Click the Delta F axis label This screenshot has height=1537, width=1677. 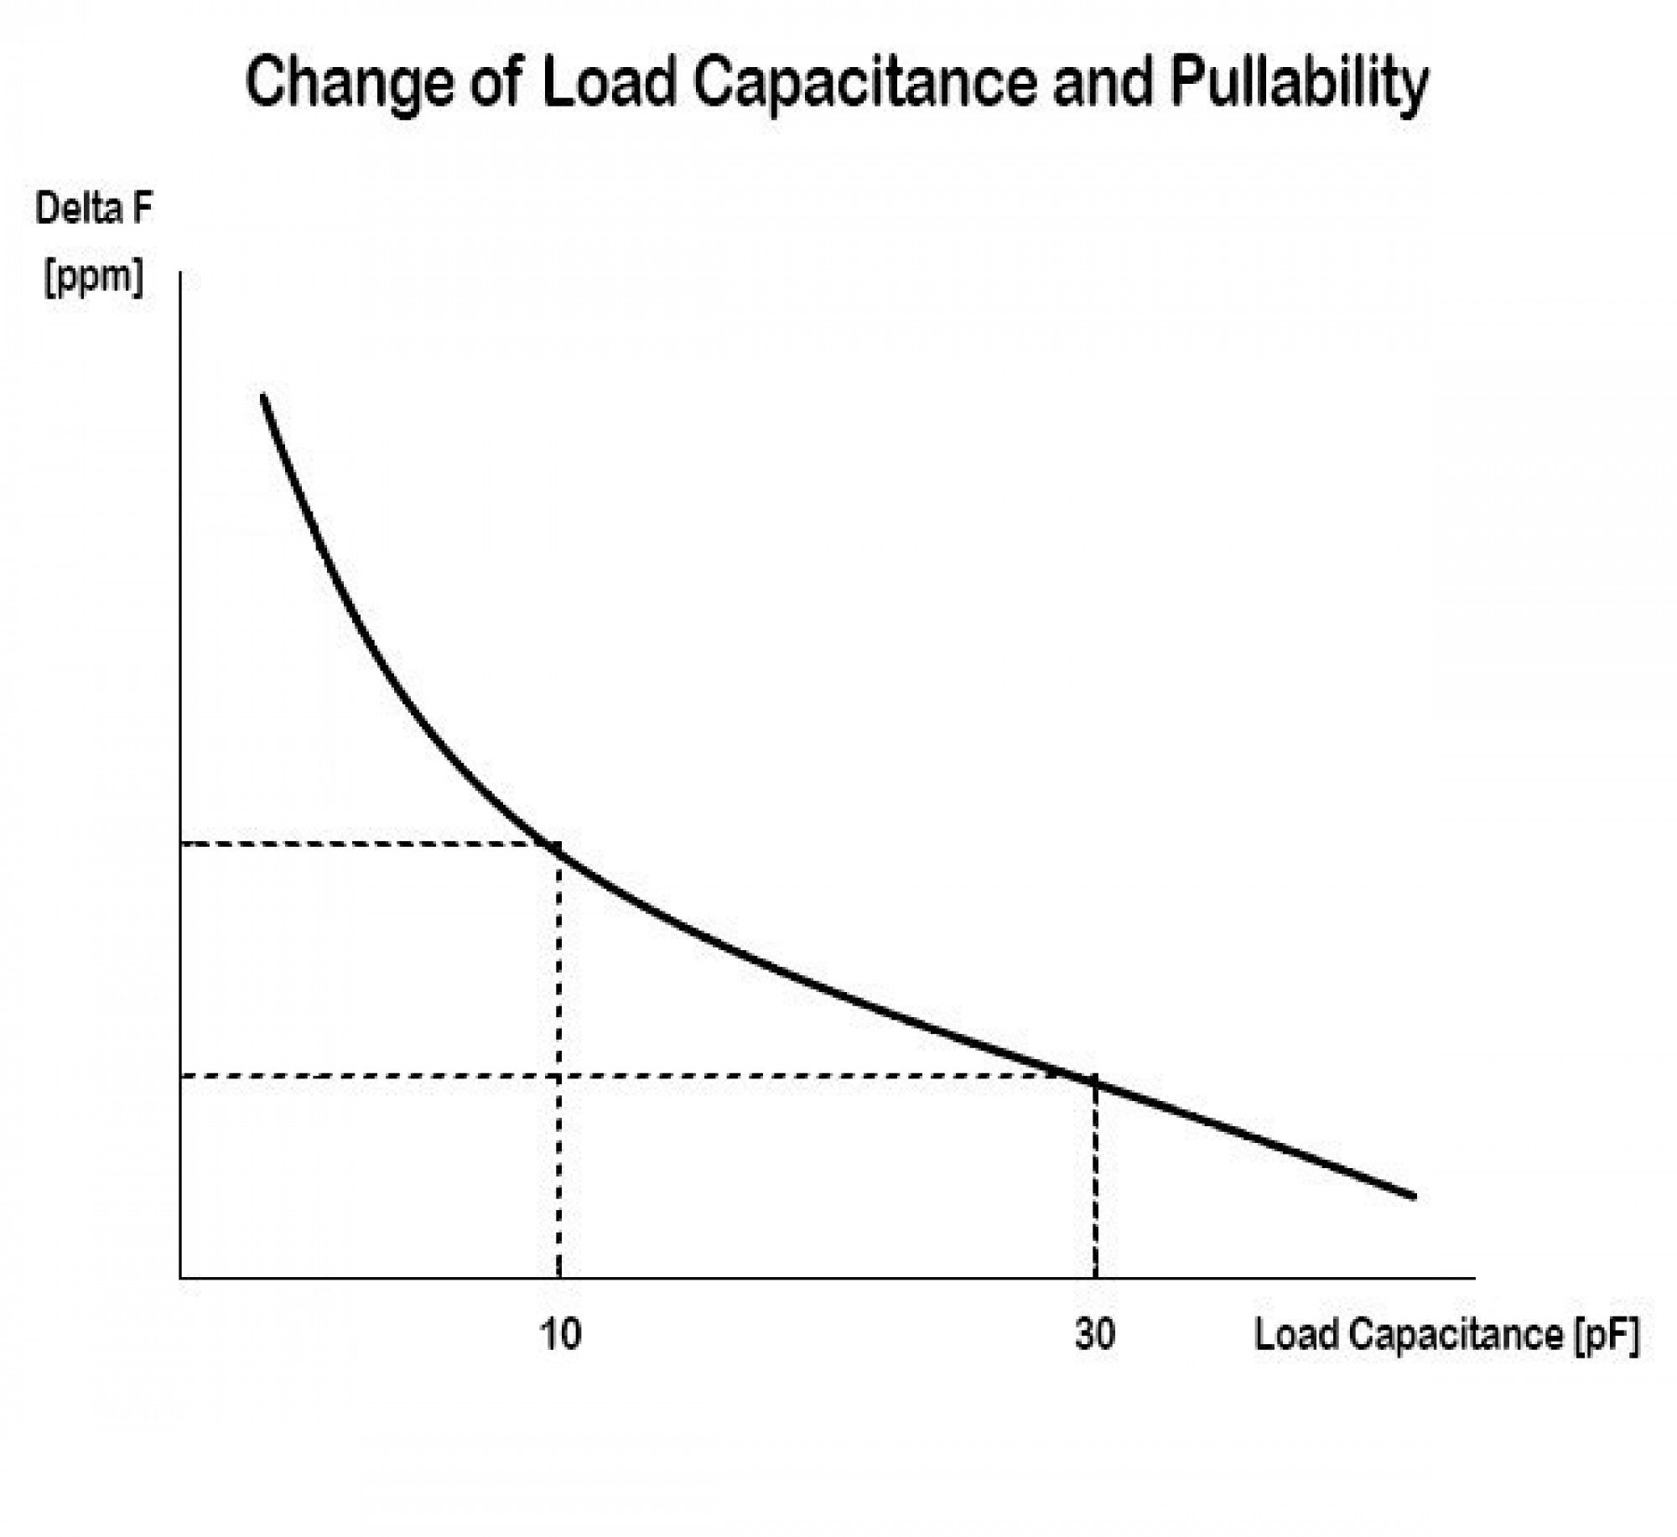click(94, 209)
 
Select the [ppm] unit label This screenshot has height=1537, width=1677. click(94, 277)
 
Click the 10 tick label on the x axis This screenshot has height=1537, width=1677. click(560, 1333)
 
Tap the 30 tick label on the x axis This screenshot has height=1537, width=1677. click(1095, 1333)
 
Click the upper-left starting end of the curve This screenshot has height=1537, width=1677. click(263, 396)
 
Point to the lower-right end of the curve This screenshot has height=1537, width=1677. click(1414, 1196)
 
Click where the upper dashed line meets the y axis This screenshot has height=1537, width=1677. click(181, 844)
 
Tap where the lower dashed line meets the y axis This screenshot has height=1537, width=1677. click(181, 1075)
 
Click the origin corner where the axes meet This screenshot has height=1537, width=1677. click(181, 1278)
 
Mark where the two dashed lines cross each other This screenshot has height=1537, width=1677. click(559, 1075)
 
